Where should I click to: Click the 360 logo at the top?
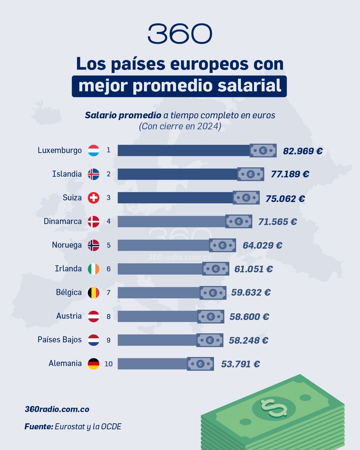tap(180, 34)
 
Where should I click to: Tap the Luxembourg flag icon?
tap(94, 150)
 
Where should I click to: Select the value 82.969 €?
tap(303, 151)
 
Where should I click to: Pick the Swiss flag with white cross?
tap(94, 198)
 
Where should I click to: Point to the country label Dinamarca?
tap(63, 221)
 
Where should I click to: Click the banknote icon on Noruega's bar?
tap(222, 245)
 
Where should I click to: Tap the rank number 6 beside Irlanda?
tap(109, 269)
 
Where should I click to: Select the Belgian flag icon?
tap(94, 293)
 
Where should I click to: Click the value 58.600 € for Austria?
tap(249, 317)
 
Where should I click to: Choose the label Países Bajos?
tap(60, 340)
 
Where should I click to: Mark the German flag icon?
tap(94, 364)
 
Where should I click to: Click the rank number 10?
tap(109, 364)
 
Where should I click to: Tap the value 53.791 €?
tap(240, 364)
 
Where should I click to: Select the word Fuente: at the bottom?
tap(39, 427)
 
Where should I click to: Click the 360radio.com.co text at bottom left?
tap(57, 409)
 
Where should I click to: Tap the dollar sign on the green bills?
tap(274, 408)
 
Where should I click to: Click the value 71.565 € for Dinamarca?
tap(277, 222)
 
